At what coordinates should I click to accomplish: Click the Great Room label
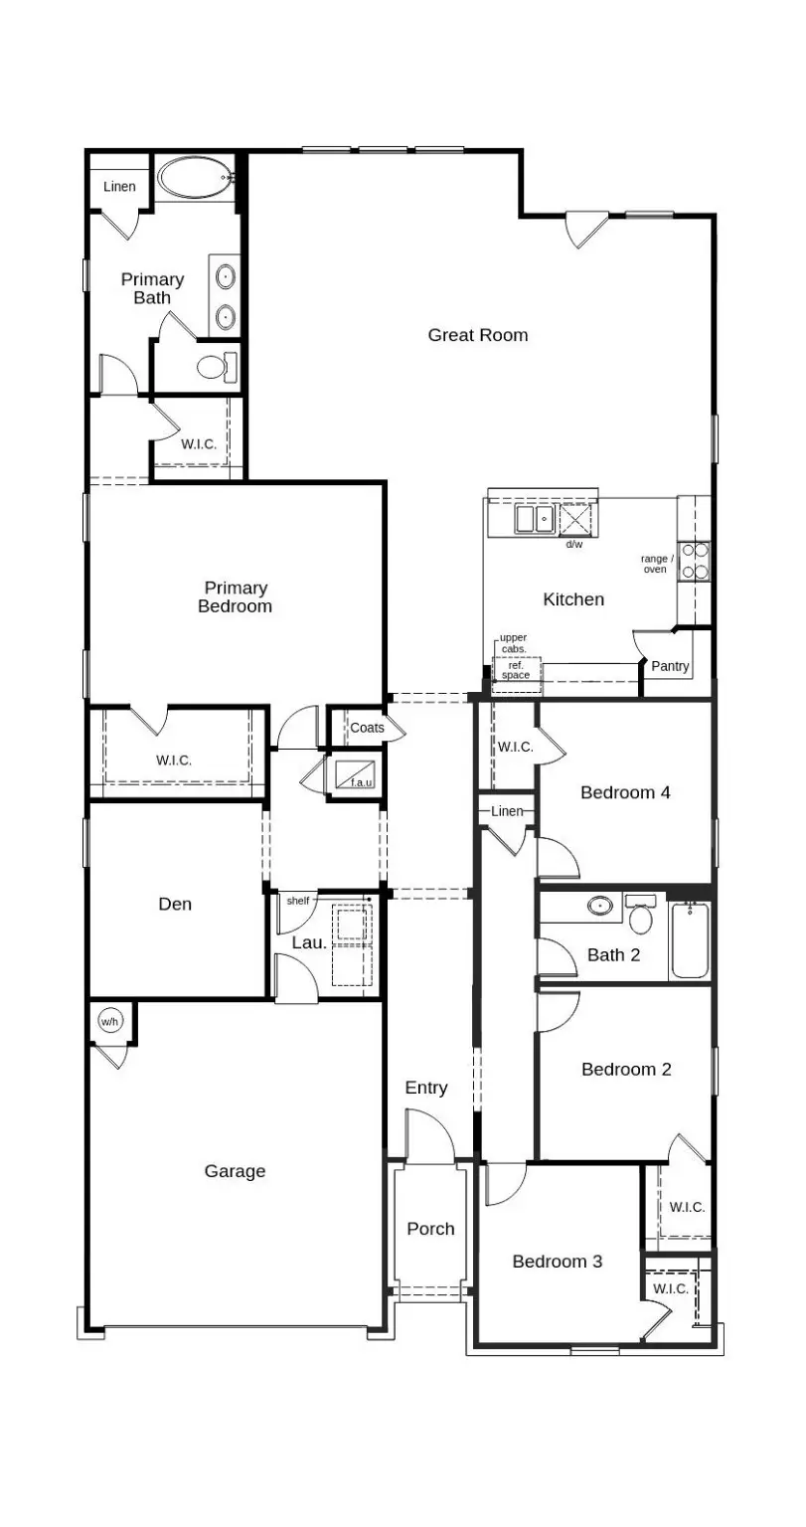[477, 335]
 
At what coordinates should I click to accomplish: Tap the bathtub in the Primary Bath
[196, 179]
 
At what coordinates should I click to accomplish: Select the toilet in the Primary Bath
[216, 367]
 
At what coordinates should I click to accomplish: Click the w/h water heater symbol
[109, 1021]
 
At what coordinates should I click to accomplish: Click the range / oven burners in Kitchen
[695, 561]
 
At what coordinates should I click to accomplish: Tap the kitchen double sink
[535, 519]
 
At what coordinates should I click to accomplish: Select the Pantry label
[670, 666]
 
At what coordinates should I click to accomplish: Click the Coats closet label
[367, 728]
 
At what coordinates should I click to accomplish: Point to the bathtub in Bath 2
[690, 939]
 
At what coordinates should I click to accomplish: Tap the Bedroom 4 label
[625, 792]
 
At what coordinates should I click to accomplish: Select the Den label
[175, 904]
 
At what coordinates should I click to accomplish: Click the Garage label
[235, 1171]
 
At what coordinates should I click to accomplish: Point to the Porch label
[430, 1229]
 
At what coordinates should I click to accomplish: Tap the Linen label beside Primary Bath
[119, 187]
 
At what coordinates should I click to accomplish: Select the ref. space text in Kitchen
[516, 671]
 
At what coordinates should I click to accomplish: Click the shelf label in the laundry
[298, 901]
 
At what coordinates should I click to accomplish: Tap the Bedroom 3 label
[557, 1262]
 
